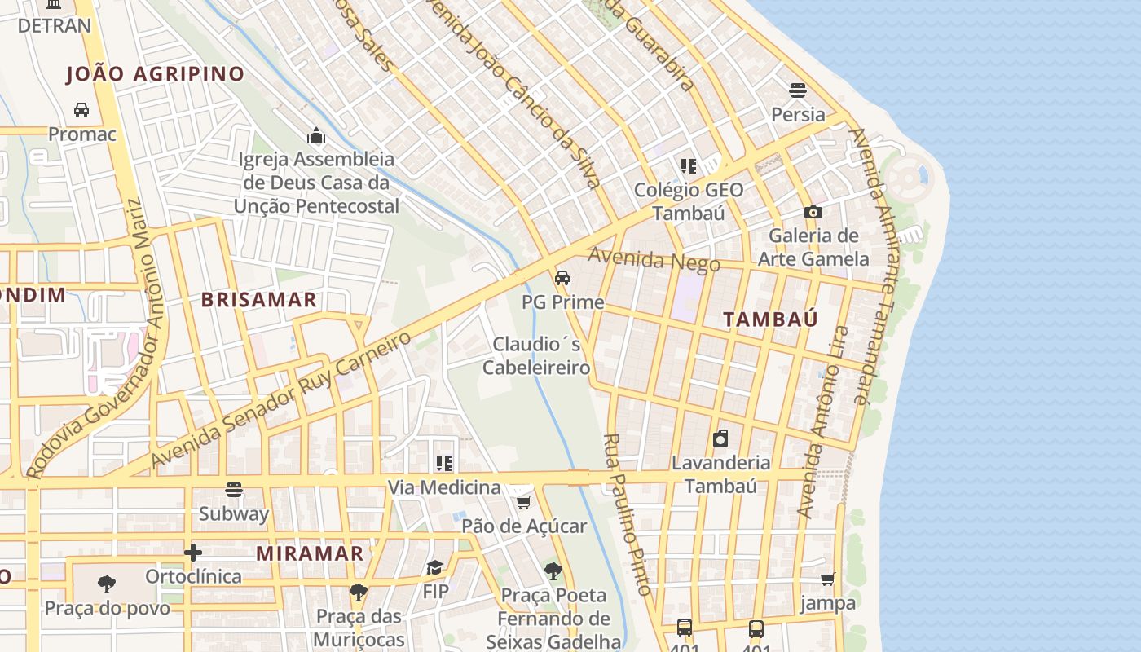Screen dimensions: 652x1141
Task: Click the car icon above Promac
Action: tap(81, 109)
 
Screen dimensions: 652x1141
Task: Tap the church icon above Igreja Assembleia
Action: tap(316, 134)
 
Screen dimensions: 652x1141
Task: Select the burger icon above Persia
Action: tap(798, 90)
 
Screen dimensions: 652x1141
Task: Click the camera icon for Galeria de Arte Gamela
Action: tap(813, 212)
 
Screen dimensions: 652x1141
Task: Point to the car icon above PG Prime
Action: tap(562, 278)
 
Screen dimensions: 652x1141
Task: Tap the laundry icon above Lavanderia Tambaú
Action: tap(720, 439)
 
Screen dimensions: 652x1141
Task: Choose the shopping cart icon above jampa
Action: tap(828, 579)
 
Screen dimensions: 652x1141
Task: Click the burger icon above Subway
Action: tap(234, 490)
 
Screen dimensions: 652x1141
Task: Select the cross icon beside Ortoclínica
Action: tap(193, 553)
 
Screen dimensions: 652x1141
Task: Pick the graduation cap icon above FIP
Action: tap(435, 567)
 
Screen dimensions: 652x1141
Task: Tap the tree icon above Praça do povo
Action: tap(106, 584)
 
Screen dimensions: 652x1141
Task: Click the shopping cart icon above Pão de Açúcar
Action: tap(524, 502)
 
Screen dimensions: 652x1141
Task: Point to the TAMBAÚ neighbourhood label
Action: tap(770, 319)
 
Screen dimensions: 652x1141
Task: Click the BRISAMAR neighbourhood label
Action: tap(259, 299)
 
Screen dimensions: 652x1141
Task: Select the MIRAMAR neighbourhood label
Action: tap(310, 553)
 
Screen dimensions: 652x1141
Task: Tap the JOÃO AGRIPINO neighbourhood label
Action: tap(155, 74)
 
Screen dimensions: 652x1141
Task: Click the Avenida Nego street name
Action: tap(654, 261)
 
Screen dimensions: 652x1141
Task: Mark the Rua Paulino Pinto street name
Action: tap(628, 515)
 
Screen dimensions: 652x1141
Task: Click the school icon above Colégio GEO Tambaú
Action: tap(689, 166)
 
